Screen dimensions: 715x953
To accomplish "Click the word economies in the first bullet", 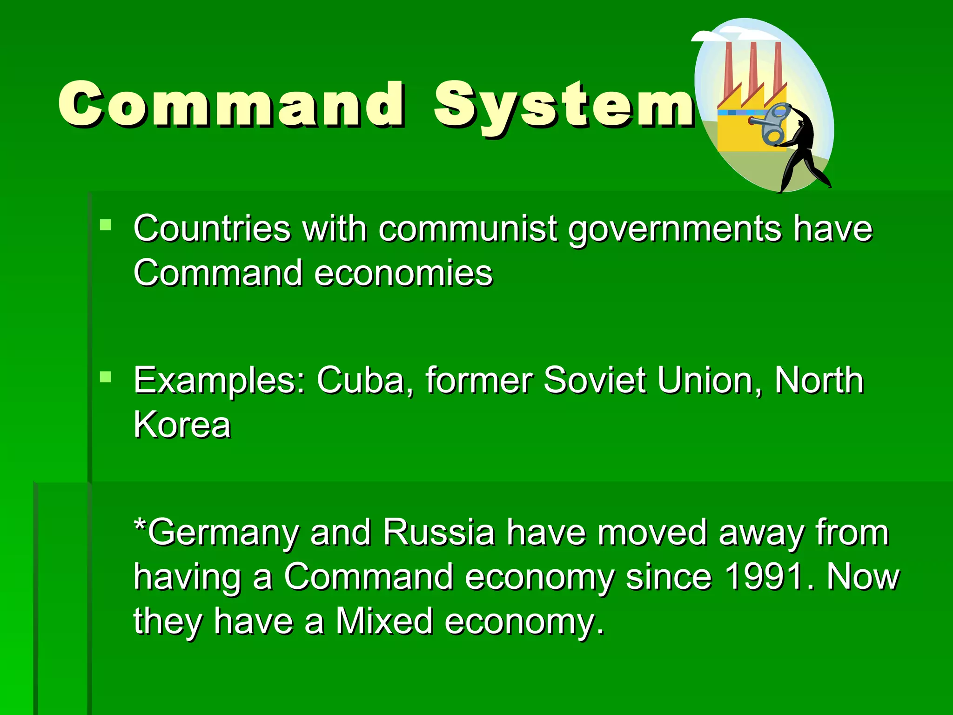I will (403, 273).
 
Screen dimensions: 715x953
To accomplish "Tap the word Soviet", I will (595, 380).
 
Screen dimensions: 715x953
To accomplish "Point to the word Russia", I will (438, 532).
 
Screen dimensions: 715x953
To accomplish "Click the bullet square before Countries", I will (106, 225).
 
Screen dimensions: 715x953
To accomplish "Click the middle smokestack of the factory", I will (752, 70).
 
